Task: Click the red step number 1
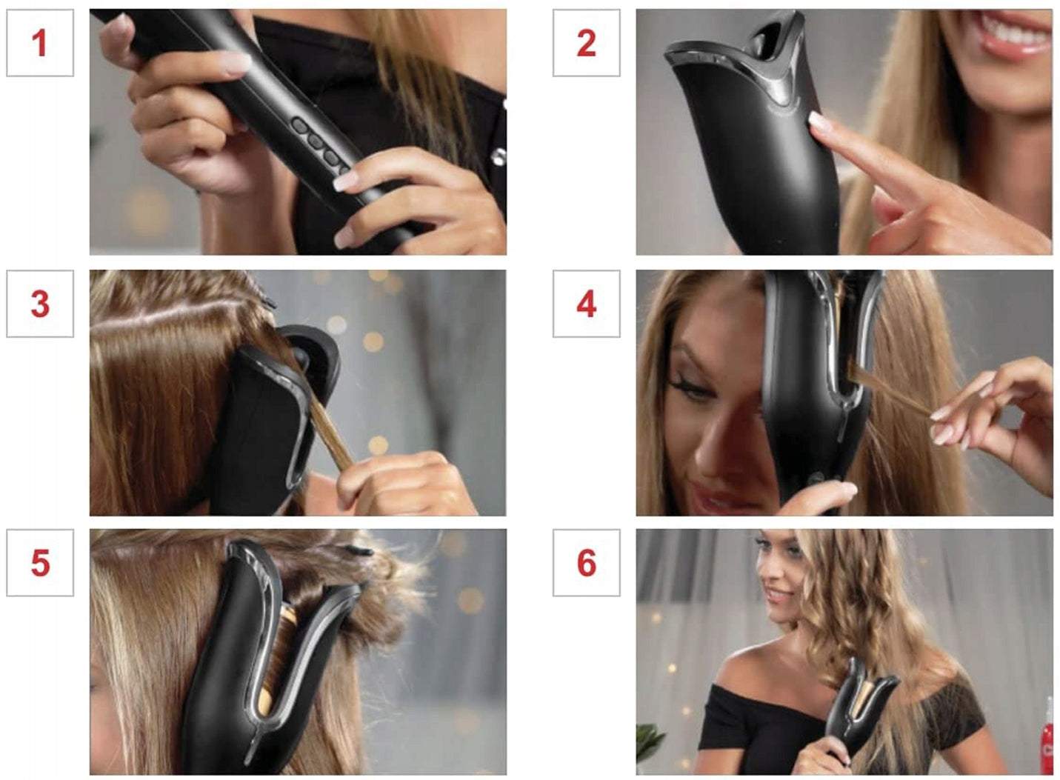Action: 40,43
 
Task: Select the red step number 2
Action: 587,43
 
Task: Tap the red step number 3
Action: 40,304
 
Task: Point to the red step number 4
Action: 587,304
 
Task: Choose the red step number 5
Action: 40,563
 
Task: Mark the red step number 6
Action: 587,563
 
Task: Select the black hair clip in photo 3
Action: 268,301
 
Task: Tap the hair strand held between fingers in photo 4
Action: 890,390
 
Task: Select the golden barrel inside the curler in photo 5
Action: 277,663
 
